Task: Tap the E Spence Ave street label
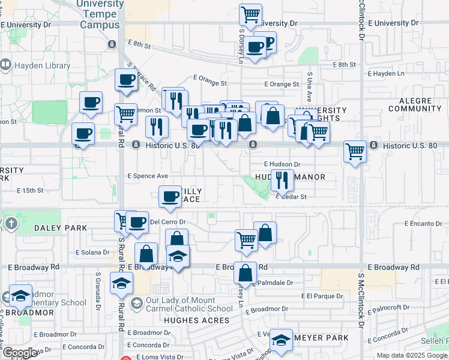tap(147, 176)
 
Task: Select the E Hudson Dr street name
tap(282, 164)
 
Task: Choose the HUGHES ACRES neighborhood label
tap(196, 321)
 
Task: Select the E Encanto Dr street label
tap(423, 223)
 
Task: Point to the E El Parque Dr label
tap(322, 296)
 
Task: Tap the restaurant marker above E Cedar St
tap(282, 179)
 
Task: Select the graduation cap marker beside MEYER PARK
tap(281, 340)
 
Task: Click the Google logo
tap(20, 353)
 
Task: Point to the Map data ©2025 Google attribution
tap(411, 355)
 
